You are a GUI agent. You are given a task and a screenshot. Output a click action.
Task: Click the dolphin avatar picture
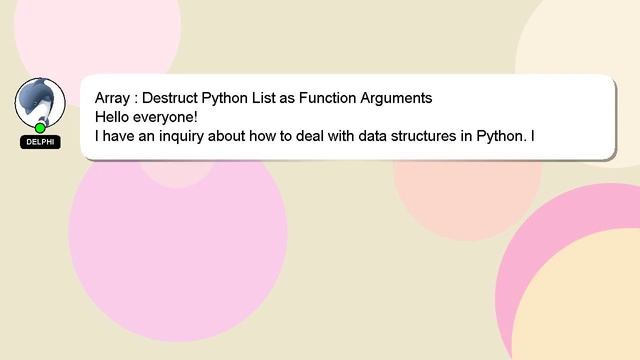(39, 101)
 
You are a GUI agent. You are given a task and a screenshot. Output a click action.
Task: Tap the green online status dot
(40, 128)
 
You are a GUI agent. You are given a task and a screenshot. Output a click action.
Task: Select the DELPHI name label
(40, 142)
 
